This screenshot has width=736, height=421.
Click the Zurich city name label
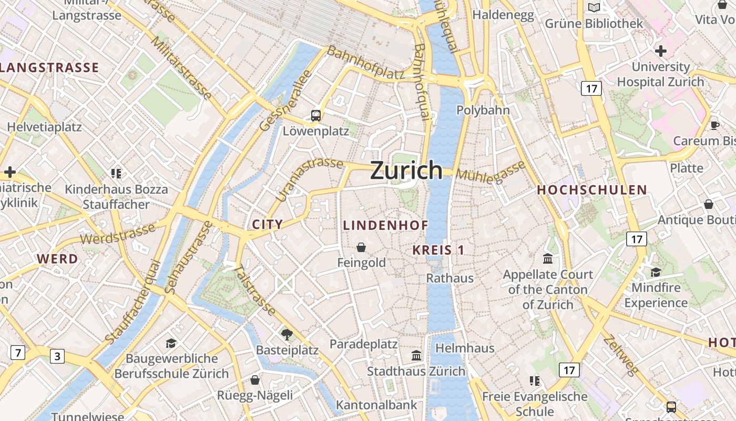(x=406, y=170)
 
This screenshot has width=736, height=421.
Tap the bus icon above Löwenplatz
(x=315, y=115)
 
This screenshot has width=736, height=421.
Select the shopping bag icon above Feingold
(x=361, y=247)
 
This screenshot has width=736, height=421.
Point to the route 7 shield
(x=17, y=352)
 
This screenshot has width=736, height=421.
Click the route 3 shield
(x=57, y=356)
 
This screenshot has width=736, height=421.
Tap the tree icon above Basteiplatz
(x=287, y=334)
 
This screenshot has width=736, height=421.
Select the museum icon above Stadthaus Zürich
(x=416, y=356)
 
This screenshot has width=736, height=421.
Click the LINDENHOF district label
(x=385, y=225)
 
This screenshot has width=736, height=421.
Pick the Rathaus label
(x=449, y=278)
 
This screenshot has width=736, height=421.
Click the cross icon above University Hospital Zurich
(x=661, y=51)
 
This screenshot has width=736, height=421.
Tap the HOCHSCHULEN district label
(x=591, y=191)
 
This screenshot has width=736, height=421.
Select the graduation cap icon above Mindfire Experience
(x=656, y=272)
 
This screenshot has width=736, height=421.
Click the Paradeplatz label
(x=363, y=344)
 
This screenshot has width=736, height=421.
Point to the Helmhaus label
(x=465, y=348)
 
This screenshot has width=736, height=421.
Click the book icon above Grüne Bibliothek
(x=594, y=7)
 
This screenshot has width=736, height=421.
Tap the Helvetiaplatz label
(x=44, y=127)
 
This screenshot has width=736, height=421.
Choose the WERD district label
(x=57, y=259)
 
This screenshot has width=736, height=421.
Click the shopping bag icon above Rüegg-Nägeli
(x=255, y=379)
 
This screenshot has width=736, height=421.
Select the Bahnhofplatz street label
(x=366, y=63)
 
